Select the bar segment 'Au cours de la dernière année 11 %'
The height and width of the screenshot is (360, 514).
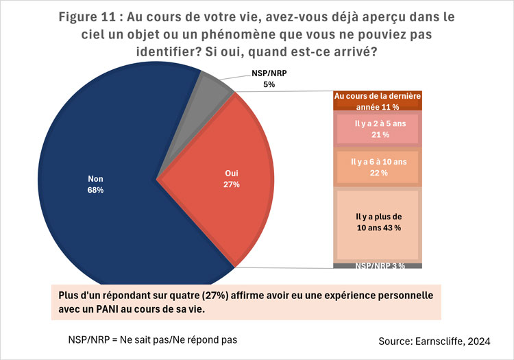click(x=376, y=101)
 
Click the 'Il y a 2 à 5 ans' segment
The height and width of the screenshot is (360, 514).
click(x=376, y=129)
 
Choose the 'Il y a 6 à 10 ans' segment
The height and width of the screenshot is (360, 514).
click(x=376, y=167)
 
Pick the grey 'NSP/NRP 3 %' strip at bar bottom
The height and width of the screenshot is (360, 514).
click(x=376, y=265)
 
